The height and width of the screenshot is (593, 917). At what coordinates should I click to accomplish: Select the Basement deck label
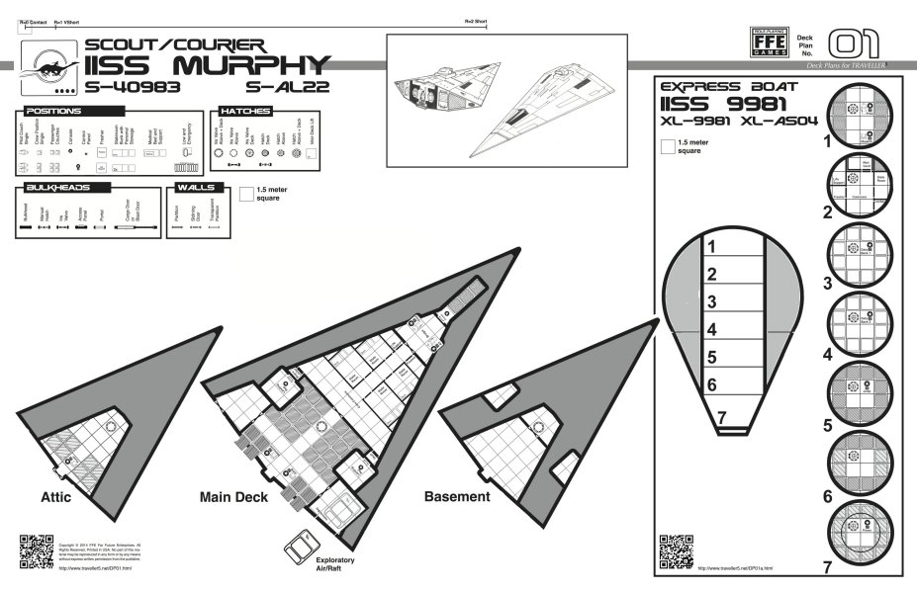tap(457, 496)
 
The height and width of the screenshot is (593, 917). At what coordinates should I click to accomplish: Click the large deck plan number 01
tap(853, 44)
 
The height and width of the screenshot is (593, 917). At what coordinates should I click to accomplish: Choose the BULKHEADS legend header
tap(59, 187)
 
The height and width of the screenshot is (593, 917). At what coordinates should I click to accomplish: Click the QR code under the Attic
tap(34, 550)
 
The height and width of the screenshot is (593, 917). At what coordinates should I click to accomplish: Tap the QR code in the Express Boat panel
tap(673, 550)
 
